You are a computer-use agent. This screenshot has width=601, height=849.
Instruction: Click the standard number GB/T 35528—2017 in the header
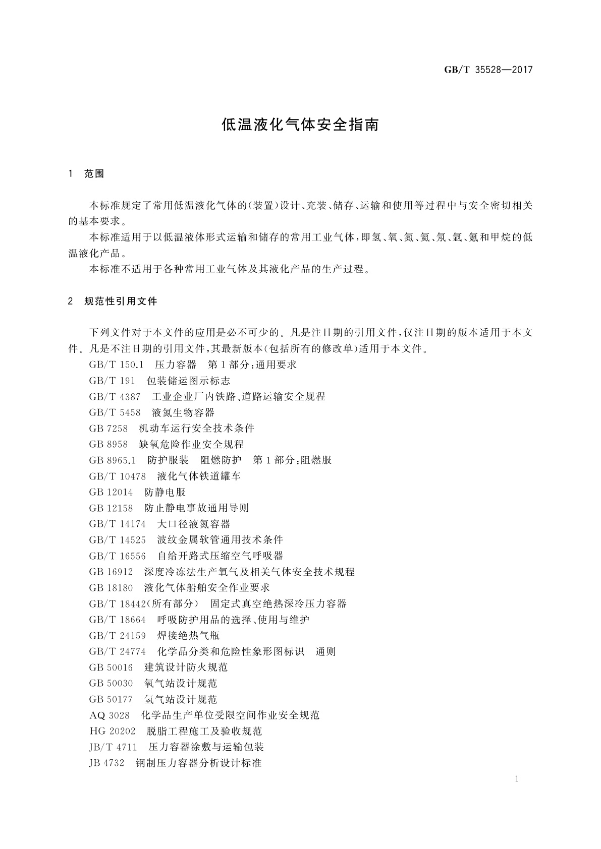pos(488,70)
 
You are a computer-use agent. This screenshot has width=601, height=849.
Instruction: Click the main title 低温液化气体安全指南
pos(300,125)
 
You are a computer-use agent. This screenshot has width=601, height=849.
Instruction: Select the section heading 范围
pos(94,174)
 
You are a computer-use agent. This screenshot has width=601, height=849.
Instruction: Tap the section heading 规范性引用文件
pos(121,301)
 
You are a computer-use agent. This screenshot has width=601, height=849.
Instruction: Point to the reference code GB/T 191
pos(112,381)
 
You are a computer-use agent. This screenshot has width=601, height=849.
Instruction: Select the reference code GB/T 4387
pos(115,397)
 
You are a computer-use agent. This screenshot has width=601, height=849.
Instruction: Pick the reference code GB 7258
pos(108,429)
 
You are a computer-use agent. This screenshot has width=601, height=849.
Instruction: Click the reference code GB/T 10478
pos(117,476)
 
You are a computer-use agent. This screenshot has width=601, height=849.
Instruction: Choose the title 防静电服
pos(165,492)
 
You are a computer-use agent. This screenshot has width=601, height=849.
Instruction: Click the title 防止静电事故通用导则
pos(196,508)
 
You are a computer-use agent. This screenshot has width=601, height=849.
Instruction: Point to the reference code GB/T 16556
pos(117,556)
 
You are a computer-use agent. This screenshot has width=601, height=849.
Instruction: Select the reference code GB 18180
pos(111,587)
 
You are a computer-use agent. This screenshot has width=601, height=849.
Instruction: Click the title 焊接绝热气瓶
pos(189,635)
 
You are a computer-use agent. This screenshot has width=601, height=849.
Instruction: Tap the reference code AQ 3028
pos(110,715)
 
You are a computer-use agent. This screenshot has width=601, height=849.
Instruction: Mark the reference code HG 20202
pos(113,731)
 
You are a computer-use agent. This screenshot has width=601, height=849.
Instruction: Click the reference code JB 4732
pos(106,763)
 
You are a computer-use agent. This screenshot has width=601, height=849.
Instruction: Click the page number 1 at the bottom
pos(517,779)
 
